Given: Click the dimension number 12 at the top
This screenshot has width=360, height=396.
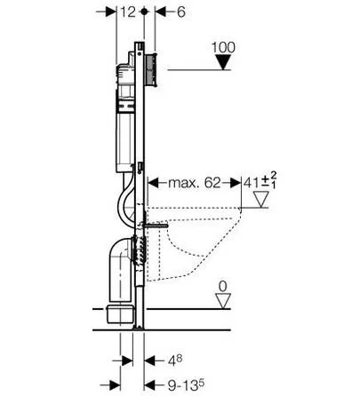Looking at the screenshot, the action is point(128,12).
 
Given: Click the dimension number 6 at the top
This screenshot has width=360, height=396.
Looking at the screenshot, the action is point(180,12).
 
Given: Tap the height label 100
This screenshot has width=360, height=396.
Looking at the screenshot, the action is point(223,47).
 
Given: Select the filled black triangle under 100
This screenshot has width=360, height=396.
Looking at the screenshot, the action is point(223,62).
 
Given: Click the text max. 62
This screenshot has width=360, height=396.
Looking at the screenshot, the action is point(195,183).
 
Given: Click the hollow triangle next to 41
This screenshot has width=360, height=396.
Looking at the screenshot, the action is point(261,199).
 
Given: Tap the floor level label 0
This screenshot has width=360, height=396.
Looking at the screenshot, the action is point(222,286).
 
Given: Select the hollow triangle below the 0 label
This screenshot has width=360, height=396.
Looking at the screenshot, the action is point(223,301).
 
